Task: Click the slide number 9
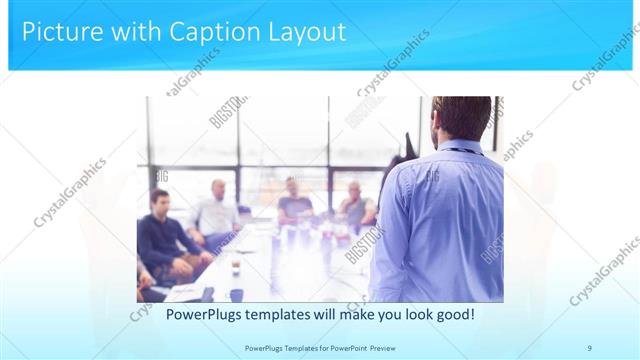point(589,347)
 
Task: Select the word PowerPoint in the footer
point(346,347)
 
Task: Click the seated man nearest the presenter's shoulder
point(354,205)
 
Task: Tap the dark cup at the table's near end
point(237,294)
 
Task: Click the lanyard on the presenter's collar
point(460,151)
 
